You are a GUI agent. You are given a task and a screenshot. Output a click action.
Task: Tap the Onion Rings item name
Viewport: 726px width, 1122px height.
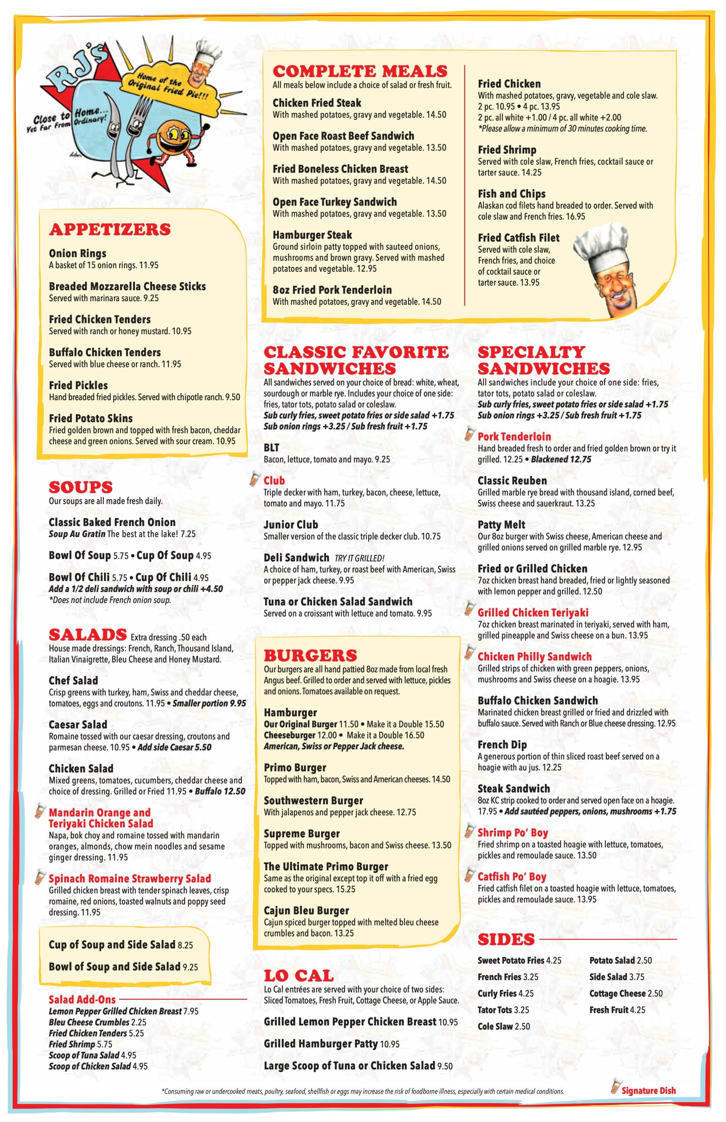tap(77, 253)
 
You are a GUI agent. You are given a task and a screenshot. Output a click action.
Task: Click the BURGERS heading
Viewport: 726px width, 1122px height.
tap(310, 656)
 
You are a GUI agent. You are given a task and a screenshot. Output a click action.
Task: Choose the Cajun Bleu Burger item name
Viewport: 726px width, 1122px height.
tap(306, 910)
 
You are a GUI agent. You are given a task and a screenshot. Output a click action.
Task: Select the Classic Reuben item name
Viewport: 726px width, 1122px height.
tap(512, 481)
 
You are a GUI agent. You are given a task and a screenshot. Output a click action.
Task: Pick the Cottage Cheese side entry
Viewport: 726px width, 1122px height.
tap(626, 993)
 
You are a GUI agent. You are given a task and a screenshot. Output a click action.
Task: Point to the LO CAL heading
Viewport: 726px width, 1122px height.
tap(299, 976)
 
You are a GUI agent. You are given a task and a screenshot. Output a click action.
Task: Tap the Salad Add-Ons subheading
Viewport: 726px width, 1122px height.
tap(82, 999)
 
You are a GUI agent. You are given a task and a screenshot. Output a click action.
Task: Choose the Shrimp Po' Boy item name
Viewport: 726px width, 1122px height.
tap(512, 833)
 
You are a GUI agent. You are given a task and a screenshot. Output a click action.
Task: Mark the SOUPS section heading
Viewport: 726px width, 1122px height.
tap(81, 487)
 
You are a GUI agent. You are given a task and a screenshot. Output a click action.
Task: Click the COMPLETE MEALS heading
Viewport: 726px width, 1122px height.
tap(359, 71)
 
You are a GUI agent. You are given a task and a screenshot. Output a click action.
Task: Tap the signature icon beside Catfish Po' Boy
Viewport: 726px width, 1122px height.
tap(469, 876)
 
